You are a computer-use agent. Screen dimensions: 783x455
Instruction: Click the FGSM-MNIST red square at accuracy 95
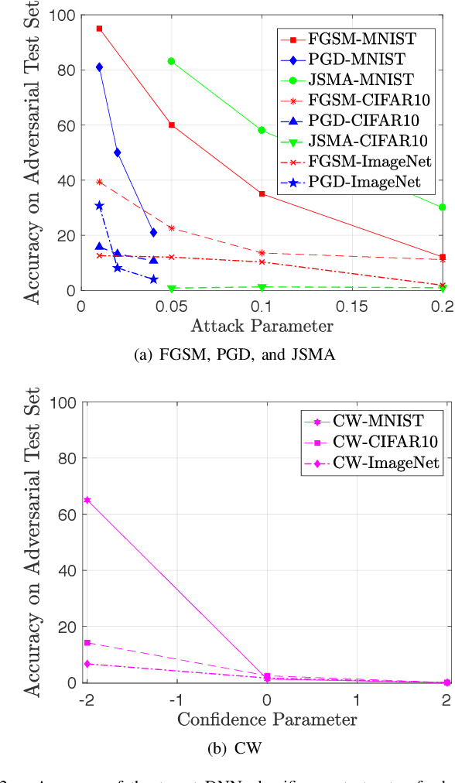99,29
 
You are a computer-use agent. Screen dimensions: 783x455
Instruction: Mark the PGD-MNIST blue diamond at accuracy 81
99,67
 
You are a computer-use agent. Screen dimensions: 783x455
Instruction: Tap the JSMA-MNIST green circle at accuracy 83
171,61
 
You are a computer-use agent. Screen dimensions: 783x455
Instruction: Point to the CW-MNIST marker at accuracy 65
87,501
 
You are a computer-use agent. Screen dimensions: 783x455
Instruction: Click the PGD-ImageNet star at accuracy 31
99,206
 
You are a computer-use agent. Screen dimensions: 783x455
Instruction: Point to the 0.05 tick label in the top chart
171,306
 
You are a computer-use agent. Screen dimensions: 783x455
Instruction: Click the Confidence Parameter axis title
266,720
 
